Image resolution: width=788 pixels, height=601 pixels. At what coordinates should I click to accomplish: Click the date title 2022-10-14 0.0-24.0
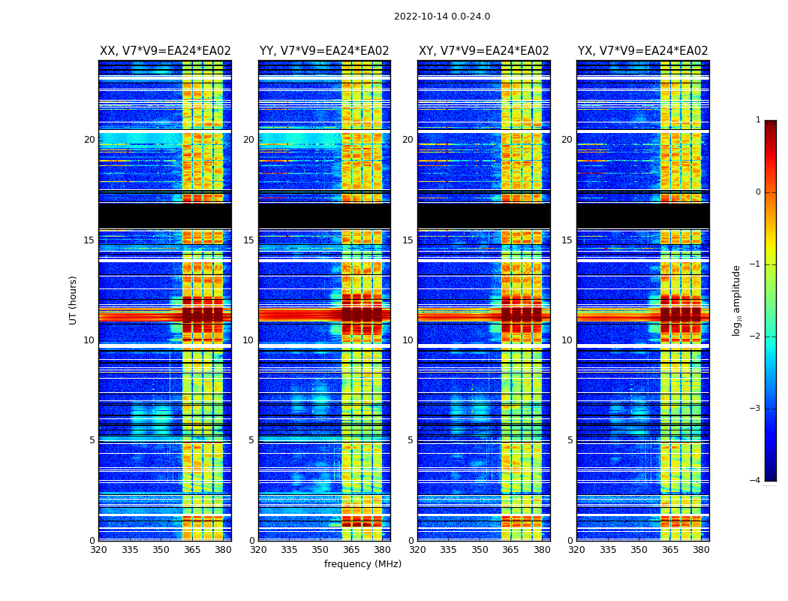[x=441, y=17]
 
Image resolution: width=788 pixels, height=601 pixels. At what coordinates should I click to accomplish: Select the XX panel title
[x=165, y=51]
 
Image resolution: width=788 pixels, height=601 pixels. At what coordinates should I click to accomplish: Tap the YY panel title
[x=324, y=51]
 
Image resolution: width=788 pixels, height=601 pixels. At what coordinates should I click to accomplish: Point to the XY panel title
[x=483, y=51]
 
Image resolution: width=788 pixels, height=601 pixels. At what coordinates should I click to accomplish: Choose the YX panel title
[x=642, y=51]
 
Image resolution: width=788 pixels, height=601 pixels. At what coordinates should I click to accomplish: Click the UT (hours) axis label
[x=74, y=300]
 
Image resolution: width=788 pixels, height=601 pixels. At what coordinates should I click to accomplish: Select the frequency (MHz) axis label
[x=362, y=564]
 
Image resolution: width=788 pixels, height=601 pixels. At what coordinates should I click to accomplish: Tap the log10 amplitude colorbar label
[x=737, y=300]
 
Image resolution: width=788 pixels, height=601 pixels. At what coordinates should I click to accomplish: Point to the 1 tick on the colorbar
[x=757, y=120]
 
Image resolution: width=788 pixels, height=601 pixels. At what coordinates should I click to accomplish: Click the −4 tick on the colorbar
[x=756, y=481]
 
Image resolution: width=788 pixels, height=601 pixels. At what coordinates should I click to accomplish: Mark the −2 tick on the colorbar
[x=756, y=337]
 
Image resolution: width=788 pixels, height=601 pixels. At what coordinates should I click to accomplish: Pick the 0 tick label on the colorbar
[x=757, y=192]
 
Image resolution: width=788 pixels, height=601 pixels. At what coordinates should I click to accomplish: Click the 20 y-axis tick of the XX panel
[x=89, y=140]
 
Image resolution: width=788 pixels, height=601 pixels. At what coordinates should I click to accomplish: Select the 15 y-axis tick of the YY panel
[x=248, y=240]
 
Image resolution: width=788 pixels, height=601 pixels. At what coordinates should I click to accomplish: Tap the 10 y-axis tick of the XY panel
[x=408, y=340]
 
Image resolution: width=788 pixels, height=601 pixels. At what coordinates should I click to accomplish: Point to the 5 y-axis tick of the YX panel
[x=570, y=440]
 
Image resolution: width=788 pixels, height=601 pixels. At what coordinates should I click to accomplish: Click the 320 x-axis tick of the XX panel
[x=98, y=550]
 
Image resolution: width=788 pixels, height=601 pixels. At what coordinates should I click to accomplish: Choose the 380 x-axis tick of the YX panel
[x=701, y=550]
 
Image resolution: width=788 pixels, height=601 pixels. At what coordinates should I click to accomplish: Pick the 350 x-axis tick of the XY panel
[x=480, y=550]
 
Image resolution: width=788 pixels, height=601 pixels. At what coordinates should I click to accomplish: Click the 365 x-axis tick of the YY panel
[x=351, y=550]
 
